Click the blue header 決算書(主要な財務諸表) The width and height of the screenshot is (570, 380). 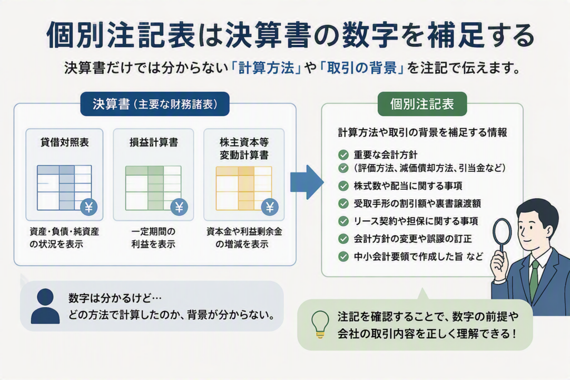pyautogui.click(x=155, y=104)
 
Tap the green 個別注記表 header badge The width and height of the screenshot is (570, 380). pyautogui.click(x=422, y=104)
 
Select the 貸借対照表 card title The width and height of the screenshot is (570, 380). pyautogui.click(x=65, y=142)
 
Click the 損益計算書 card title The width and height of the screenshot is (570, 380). pyautogui.click(x=154, y=142)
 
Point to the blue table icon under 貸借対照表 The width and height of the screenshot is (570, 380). pyautogui.click(x=65, y=188)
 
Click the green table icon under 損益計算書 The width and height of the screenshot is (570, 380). pyautogui.click(x=154, y=188)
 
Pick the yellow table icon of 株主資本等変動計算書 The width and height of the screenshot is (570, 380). pyautogui.click(x=244, y=188)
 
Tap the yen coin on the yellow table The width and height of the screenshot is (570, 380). pyautogui.click(x=270, y=208)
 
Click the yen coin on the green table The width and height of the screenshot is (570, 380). pyautogui.click(x=179, y=208)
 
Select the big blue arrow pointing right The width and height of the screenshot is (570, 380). pyautogui.click(x=307, y=182)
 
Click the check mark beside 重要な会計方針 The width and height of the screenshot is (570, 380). pyautogui.click(x=343, y=155)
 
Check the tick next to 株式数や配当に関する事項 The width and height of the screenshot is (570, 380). pyautogui.click(x=343, y=186)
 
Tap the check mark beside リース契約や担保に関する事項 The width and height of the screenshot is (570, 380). pyautogui.click(x=343, y=221)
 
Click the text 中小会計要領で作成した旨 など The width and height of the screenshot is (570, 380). pyautogui.click(x=419, y=257)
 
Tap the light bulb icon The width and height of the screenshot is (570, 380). pyautogui.click(x=320, y=324)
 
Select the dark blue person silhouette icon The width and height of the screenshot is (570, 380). pyautogui.click(x=45, y=306)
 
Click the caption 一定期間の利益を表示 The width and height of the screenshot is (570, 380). pyautogui.click(x=154, y=238)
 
